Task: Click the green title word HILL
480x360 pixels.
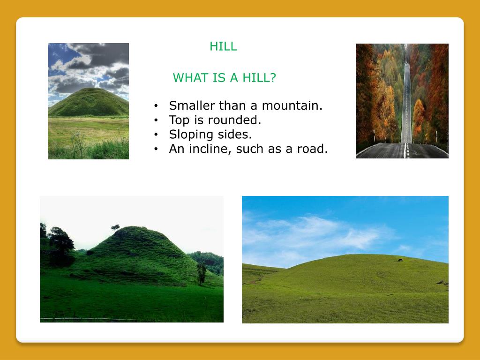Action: click(223, 46)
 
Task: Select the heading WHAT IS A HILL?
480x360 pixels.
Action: click(224, 78)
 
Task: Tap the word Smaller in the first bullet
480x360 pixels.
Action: click(192, 105)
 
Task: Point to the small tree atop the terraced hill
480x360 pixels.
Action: click(115, 227)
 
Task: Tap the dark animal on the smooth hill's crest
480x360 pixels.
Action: click(400, 260)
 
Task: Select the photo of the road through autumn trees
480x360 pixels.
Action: click(402, 101)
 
